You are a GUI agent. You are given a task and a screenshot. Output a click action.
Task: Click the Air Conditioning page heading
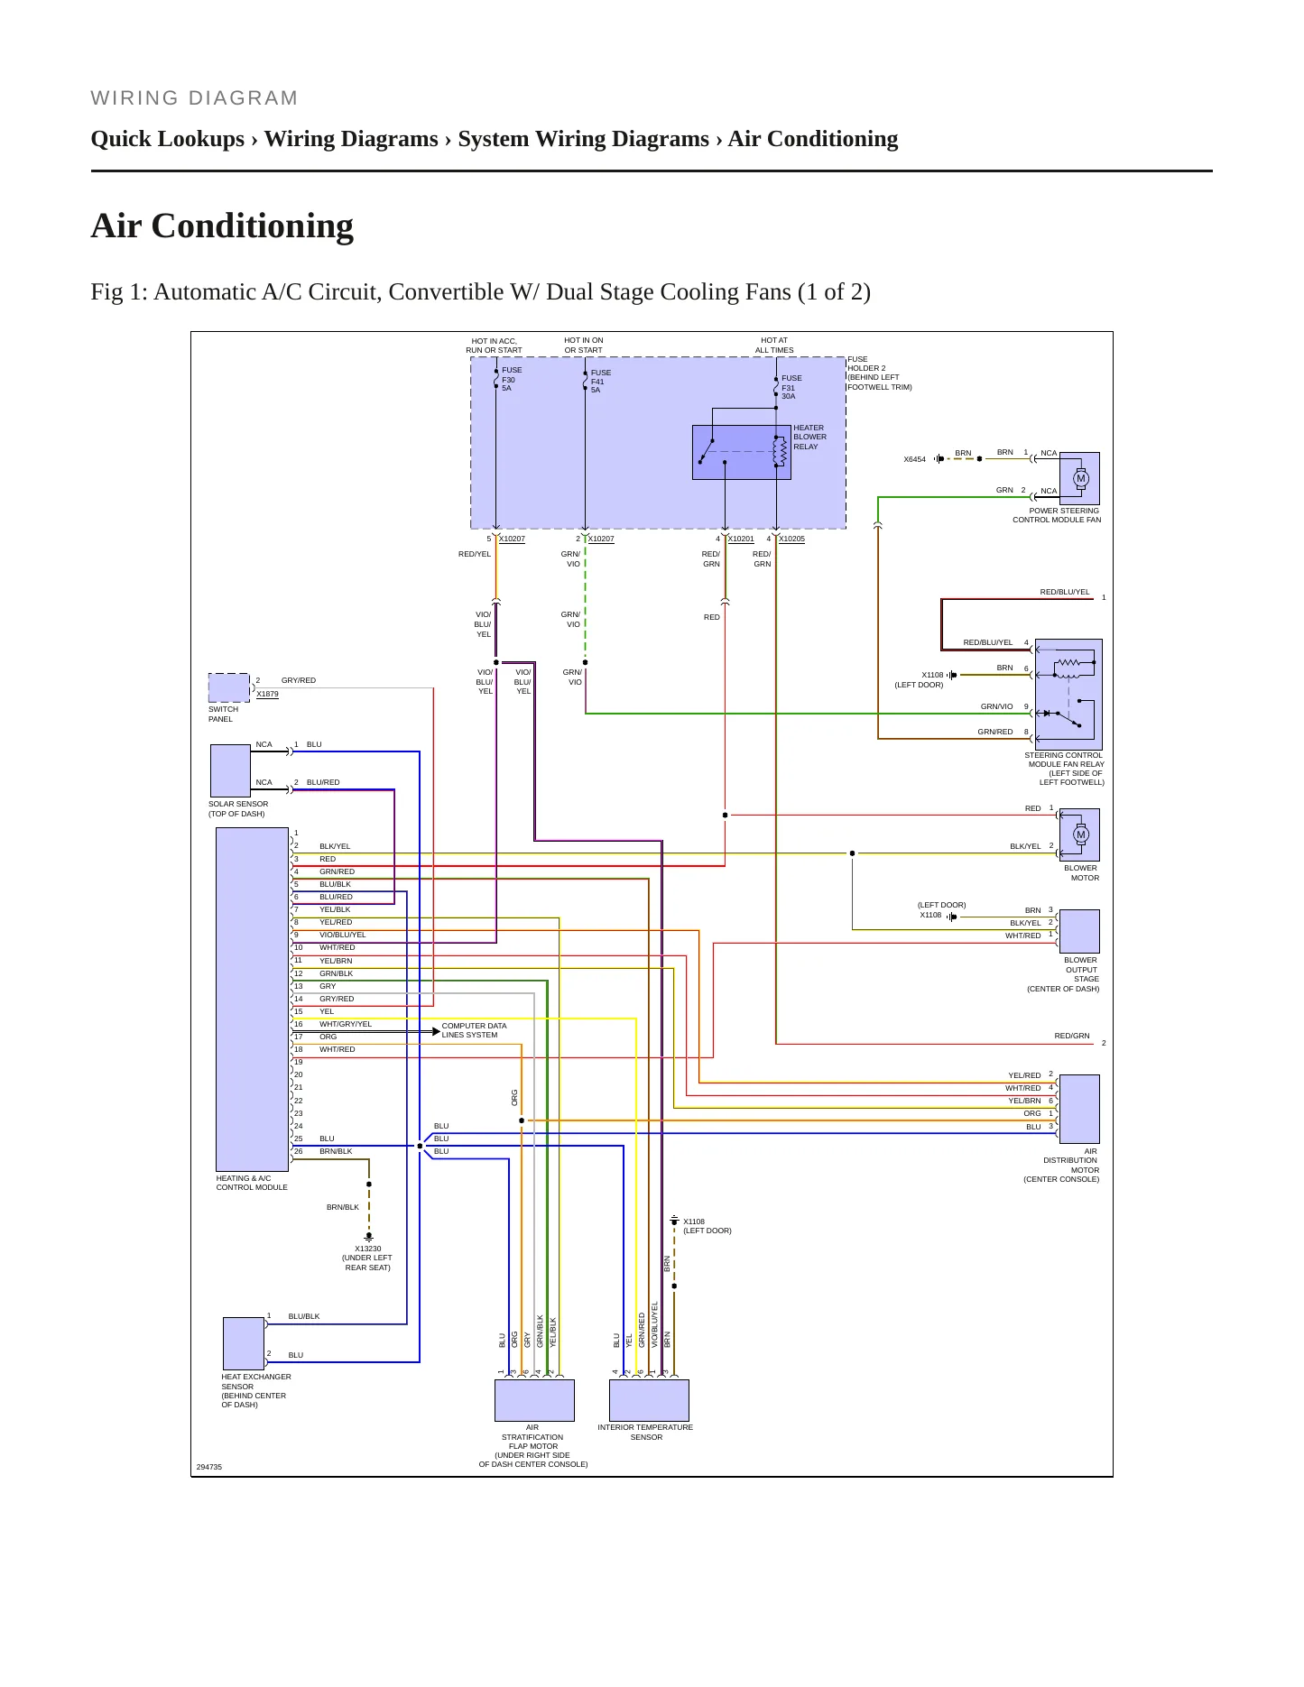point(222,226)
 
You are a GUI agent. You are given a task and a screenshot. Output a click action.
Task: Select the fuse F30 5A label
point(512,379)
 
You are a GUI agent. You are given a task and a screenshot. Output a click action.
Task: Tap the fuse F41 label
point(601,382)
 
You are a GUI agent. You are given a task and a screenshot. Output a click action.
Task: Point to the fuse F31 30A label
point(791,387)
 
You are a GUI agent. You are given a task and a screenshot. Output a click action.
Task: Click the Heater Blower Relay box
point(741,452)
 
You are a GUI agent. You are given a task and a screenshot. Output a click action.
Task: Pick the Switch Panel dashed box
point(229,687)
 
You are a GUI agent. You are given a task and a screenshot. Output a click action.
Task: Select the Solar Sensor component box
point(230,770)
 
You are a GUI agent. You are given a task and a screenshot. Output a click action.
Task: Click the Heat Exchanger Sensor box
point(244,1343)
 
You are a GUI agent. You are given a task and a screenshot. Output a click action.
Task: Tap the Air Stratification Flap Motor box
point(534,1400)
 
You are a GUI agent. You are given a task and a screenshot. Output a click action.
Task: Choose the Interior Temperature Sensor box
point(649,1400)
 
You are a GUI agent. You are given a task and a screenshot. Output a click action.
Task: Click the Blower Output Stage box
point(1079,931)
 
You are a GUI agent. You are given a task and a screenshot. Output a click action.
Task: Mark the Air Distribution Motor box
point(1079,1109)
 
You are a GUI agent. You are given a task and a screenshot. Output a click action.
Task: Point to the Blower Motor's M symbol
point(1081,834)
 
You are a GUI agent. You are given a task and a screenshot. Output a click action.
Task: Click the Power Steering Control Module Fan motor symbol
point(1081,478)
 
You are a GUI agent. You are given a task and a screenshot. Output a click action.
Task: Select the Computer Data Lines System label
point(474,1030)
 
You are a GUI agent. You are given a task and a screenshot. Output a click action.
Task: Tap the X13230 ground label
point(368,1249)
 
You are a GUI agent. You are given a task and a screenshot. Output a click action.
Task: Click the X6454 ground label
point(915,459)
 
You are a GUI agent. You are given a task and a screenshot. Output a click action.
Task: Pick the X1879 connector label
point(267,694)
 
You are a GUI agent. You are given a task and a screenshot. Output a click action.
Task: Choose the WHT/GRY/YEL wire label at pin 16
point(346,1024)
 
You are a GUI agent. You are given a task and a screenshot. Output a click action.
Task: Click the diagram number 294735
point(209,1467)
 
